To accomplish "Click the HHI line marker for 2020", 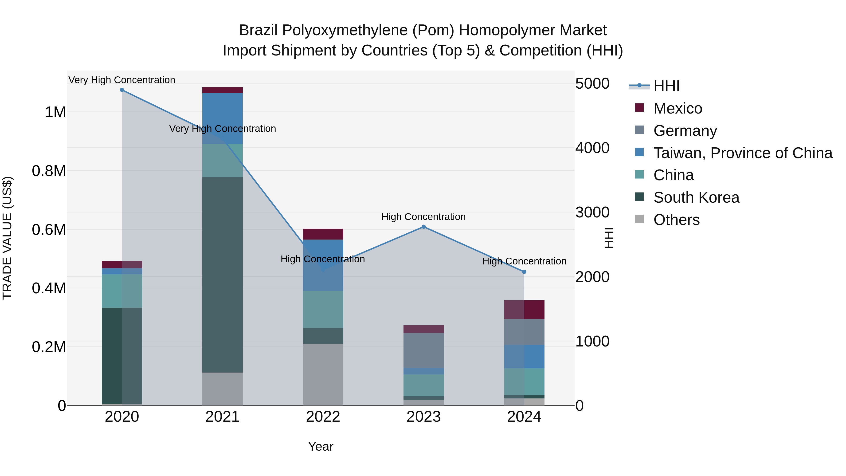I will (x=122, y=90).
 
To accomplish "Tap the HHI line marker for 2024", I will (x=524, y=272).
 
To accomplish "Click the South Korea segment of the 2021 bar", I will (x=222, y=274).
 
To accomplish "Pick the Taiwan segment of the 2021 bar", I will (x=222, y=118).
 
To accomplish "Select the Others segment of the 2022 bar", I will (x=323, y=374).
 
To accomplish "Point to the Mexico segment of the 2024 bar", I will (x=524, y=309).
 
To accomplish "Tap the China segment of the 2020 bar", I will (x=122, y=291).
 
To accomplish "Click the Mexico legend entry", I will (x=678, y=108).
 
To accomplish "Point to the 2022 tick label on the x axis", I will (x=323, y=417).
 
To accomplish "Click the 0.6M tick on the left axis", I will (x=49, y=230).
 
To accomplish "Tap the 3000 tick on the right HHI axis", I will (x=592, y=212).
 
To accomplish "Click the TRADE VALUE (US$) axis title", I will (x=7, y=238).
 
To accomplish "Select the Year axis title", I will (x=321, y=446).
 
